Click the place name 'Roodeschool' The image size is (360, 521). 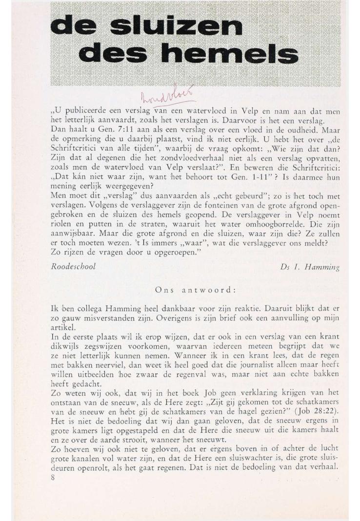point(73,267)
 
